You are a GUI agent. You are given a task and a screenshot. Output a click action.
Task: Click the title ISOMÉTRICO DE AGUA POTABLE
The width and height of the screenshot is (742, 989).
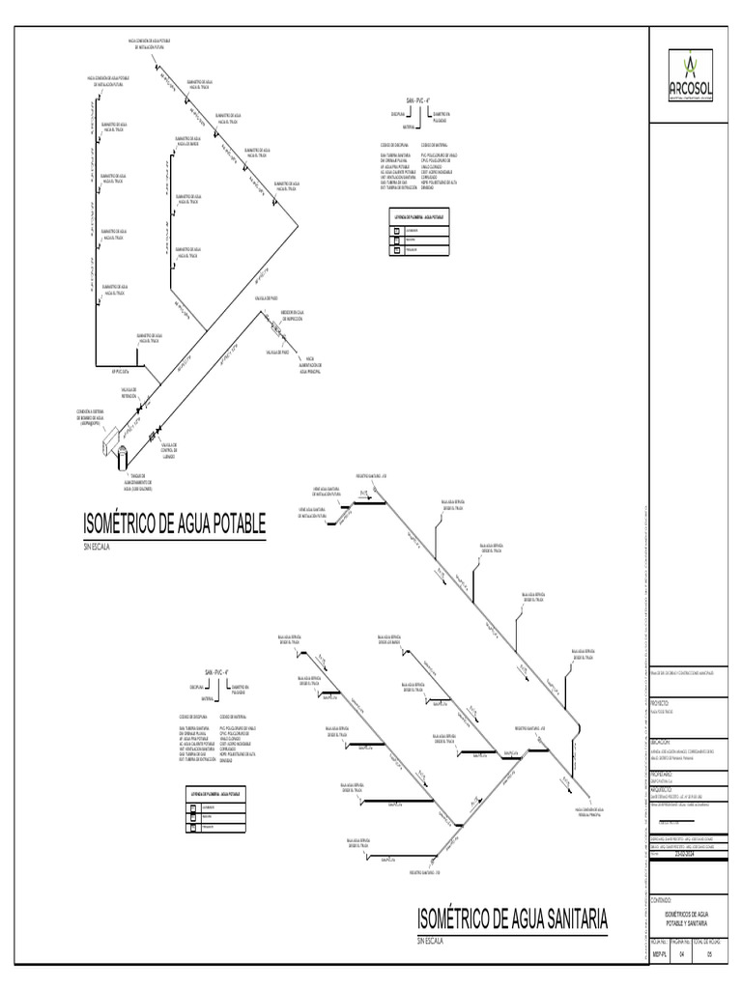click(x=175, y=523)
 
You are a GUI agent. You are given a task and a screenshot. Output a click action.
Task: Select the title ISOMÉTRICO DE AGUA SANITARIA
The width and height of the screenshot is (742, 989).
click(x=512, y=918)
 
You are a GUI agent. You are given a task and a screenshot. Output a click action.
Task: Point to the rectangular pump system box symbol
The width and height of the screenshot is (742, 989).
click(x=108, y=438)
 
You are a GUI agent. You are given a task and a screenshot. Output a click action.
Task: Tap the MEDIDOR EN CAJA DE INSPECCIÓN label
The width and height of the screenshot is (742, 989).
click(x=295, y=315)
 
